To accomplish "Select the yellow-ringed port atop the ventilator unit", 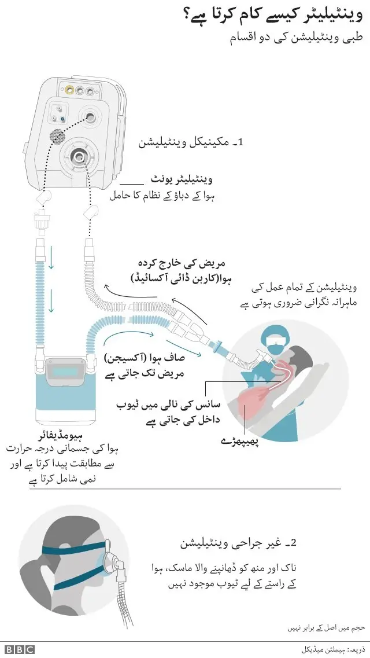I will pyautogui.click(x=71, y=90).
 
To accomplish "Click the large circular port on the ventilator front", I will pyautogui.click(x=77, y=155).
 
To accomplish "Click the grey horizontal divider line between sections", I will pyautogui.click(x=185, y=489).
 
